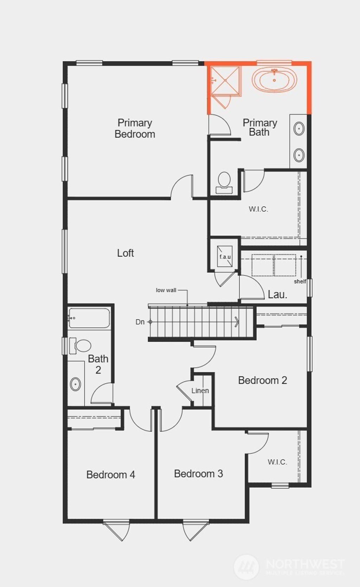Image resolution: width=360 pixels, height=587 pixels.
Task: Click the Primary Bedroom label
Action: pos(135,128)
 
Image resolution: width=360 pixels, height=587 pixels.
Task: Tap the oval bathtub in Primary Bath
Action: pos(274,79)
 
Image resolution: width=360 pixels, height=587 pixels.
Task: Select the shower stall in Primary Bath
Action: pos(225,81)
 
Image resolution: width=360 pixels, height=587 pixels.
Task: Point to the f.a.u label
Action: pos(225,257)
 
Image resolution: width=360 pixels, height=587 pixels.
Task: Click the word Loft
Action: pos(126,253)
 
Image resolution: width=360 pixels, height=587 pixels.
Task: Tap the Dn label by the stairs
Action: pos(140,322)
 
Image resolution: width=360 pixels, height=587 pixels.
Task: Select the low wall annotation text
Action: pos(166,290)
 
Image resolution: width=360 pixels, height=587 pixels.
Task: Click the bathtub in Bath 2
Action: pos(89,318)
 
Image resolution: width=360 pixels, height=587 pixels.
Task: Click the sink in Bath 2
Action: pos(75,384)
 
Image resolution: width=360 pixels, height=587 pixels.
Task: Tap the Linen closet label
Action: pos(200,390)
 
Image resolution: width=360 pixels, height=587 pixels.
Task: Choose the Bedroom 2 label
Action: pos(262,380)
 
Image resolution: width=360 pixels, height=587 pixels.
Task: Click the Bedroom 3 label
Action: pos(198,474)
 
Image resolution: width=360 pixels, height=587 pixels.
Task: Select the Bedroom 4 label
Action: pos(110,475)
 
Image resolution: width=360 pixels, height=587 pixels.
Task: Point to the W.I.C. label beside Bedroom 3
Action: pos(277,462)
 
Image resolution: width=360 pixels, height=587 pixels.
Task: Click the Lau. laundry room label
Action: pos(277,294)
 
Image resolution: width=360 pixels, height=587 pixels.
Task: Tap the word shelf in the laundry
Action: pos(300,281)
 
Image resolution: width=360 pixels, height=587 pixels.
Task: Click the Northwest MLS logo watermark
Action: pos(288,566)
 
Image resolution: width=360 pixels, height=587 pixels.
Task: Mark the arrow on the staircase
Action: pos(236,321)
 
